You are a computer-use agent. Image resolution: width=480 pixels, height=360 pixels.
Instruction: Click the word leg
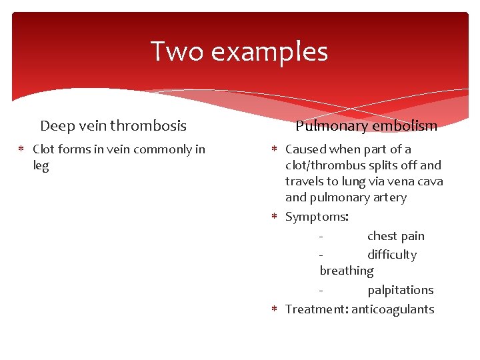coord(41,166)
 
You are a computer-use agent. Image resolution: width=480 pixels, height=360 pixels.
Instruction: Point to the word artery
coord(390,197)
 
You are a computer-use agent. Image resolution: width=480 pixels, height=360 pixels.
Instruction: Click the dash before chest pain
coord(322,236)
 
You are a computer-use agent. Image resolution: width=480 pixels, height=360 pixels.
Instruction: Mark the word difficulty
coord(392,255)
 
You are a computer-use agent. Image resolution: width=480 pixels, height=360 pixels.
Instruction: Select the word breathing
coord(347,271)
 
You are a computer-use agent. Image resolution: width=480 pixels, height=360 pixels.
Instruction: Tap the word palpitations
coord(400,290)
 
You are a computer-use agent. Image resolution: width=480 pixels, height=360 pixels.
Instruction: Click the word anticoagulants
coord(393,309)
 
